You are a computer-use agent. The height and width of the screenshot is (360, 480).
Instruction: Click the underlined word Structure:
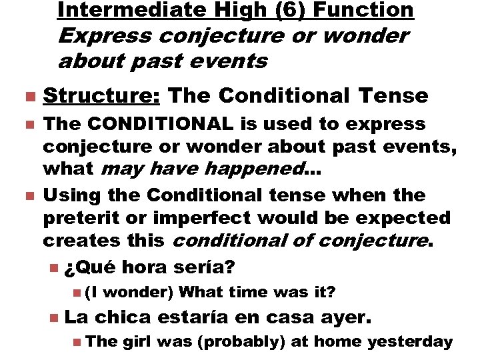point(101,95)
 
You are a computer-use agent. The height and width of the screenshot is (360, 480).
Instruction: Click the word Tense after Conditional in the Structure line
point(393,95)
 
